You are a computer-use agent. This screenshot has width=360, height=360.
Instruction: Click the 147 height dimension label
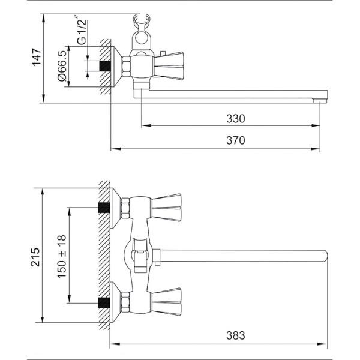pos(37,57)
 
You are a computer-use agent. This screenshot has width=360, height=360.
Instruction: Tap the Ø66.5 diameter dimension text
pos(62,66)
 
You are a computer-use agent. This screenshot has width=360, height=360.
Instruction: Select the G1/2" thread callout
pos(82,30)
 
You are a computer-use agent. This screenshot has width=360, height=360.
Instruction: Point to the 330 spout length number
pos(236,119)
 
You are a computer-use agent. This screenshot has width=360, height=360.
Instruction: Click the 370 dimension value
pos(236,140)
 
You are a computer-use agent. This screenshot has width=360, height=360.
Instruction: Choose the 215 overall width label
pos(35,257)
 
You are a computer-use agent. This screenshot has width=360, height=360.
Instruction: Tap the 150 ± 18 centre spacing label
pos(62,257)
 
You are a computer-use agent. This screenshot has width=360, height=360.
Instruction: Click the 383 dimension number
pos(236,335)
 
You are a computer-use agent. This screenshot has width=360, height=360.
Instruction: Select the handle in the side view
pos(169,65)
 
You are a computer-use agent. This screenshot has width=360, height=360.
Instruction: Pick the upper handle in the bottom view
pos(167,208)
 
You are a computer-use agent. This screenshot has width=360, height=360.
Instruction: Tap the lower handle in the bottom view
pos(167,302)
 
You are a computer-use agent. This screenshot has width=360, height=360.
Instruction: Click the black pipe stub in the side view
pos(105,66)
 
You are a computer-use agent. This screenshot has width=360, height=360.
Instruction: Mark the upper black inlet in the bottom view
pos(104,208)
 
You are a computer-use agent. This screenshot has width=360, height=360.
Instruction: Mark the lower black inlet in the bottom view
pos(104,302)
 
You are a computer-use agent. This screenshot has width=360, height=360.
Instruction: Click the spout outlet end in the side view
pos(320,101)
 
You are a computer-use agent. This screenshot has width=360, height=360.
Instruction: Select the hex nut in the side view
pos(126,67)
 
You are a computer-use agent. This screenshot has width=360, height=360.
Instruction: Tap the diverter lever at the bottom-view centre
pos(140,256)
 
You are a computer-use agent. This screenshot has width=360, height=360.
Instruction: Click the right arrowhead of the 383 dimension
pos(322,344)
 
